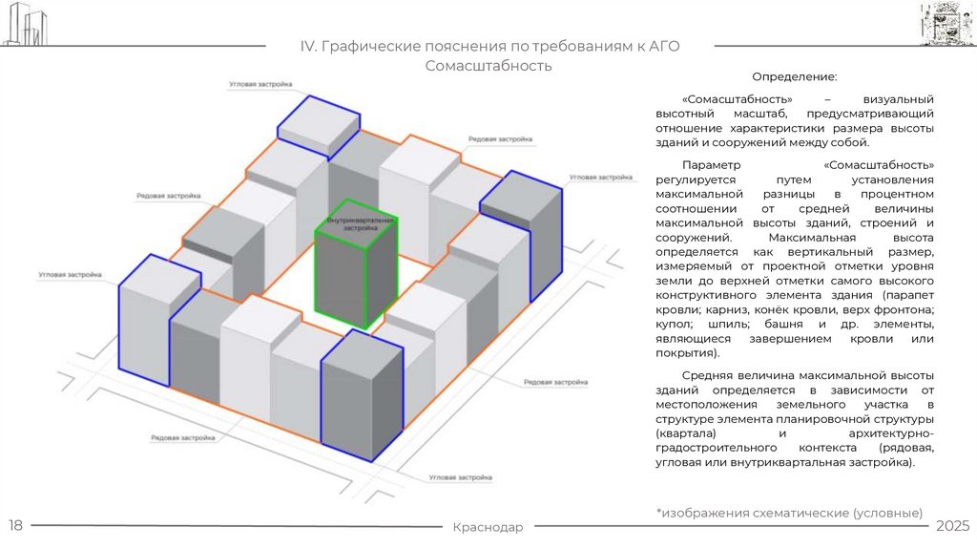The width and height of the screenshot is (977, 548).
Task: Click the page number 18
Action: (x=16, y=526)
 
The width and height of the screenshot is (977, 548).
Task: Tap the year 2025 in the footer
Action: (x=952, y=526)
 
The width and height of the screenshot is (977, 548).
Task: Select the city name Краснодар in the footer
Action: (x=488, y=528)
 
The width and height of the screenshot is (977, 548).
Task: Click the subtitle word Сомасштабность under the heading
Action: (x=488, y=66)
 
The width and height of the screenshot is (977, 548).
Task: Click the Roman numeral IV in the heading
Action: (x=309, y=47)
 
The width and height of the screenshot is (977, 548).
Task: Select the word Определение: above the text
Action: (x=795, y=75)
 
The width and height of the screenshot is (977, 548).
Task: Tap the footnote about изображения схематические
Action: (x=789, y=512)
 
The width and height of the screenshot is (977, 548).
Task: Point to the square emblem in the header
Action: (x=946, y=25)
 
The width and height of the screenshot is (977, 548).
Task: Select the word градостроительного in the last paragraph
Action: (x=714, y=449)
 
